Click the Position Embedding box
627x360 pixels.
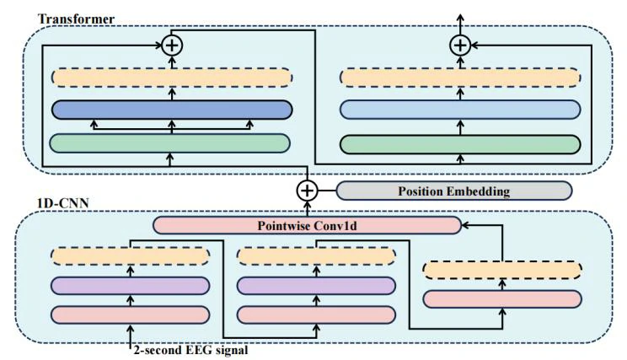click(x=453, y=191)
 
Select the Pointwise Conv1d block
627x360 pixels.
click(x=308, y=225)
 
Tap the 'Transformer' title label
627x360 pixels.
click(x=65, y=18)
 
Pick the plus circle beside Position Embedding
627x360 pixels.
click(x=308, y=191)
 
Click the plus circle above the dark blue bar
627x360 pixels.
click(x=172, y=45)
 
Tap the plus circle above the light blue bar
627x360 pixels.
click(x=459, y=45)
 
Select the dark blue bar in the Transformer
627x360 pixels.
click(x=172, y=110)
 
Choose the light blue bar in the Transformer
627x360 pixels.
click(x=459, y=110)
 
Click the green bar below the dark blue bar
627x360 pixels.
click(x=172, y=142)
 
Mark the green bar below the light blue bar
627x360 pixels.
click(x=459, y=142)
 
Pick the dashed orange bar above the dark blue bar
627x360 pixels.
click(x=172, y=77)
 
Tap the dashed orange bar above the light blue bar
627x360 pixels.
click(x=459, y=77)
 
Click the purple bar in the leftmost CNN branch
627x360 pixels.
click(x=131, y=285)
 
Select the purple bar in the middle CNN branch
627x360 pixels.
click(x=316, y=285)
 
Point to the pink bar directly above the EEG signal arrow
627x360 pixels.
click(x=131, y=314)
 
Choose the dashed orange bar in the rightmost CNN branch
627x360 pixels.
click(x=502, y=270)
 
